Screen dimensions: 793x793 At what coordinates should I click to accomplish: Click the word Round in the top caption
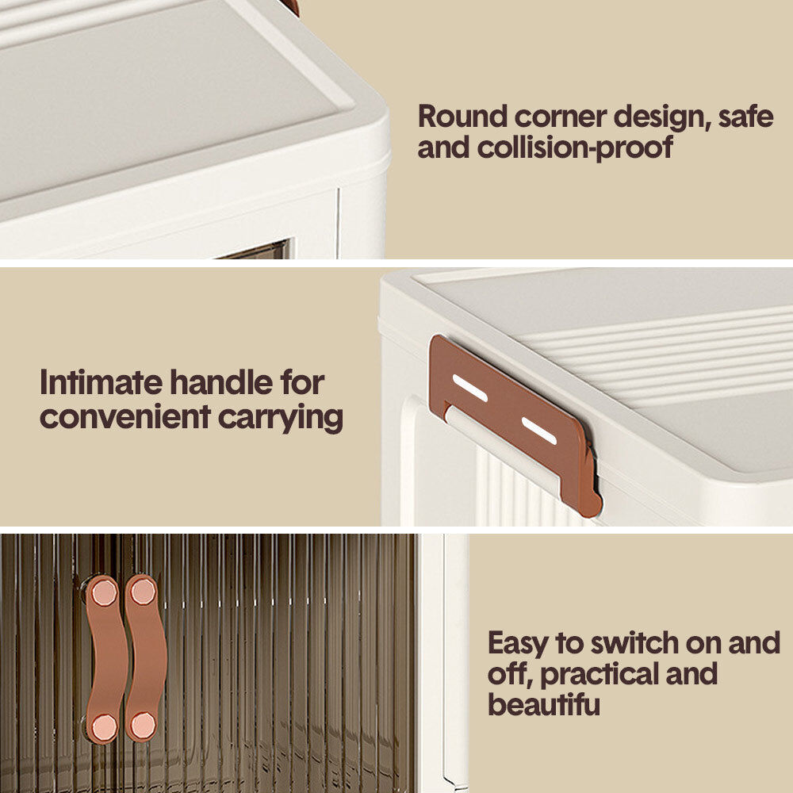click(462, 117)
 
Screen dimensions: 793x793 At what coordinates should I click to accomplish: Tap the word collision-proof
click(575, 147)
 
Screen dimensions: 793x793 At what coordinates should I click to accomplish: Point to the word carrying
click(280, 418)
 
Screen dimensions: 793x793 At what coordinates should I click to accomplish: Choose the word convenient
click(125, 417)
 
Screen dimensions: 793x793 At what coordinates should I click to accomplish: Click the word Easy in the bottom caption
click(518, 643)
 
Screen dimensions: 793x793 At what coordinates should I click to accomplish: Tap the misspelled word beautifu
click(544, 704)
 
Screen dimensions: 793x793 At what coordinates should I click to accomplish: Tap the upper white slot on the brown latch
click(469, 388)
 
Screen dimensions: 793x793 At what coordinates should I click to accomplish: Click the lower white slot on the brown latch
click(539, 431)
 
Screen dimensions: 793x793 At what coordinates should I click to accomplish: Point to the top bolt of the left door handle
click(104, 592)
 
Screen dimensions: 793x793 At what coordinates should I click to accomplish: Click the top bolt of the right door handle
click(143, 592)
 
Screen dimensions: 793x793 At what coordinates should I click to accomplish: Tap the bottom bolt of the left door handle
click(104, 726)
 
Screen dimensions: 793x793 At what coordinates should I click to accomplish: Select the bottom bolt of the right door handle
click(143, 725)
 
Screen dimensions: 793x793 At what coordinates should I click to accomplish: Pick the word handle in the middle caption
click(221, 382)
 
